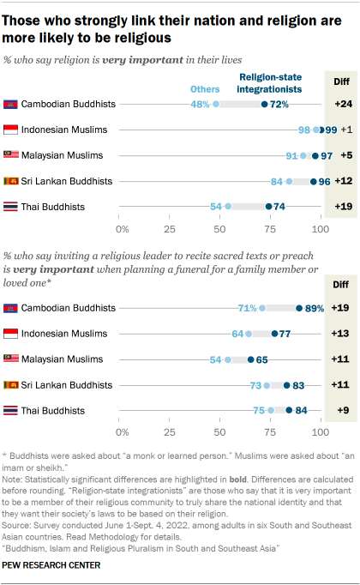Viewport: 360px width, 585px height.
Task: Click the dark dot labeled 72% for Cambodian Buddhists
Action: [265, 104]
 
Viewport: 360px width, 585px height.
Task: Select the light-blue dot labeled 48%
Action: [217, 104]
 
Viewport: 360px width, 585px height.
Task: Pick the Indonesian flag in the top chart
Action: [11, 130]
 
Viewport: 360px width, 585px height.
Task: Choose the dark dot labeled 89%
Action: [298, 307]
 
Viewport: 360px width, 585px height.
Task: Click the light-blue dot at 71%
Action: [262, 307]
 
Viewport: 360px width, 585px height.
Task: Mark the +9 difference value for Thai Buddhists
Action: [341, 410]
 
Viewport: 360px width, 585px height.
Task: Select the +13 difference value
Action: [341, 333]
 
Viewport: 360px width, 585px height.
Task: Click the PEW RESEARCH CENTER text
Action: [52, 565]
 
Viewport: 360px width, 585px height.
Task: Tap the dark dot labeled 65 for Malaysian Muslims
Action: [250, 359]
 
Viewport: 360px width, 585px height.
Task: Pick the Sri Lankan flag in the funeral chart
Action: [11, 384]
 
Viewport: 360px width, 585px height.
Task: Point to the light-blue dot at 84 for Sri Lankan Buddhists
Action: [289, 181]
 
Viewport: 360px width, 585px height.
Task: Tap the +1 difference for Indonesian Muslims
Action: [344, 130]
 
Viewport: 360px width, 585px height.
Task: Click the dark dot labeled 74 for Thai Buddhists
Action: [269, 207]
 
